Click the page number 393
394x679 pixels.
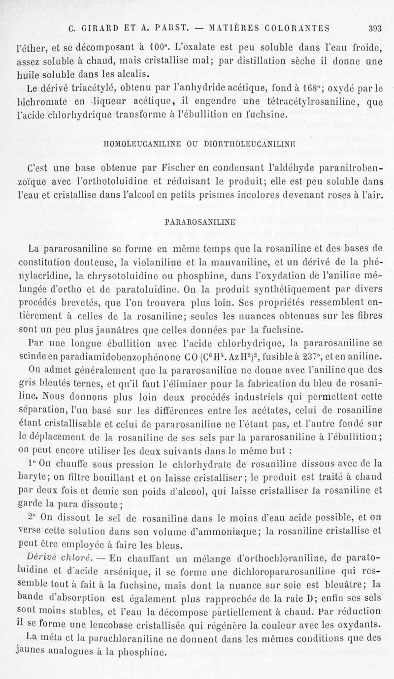(x=375, y=28)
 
